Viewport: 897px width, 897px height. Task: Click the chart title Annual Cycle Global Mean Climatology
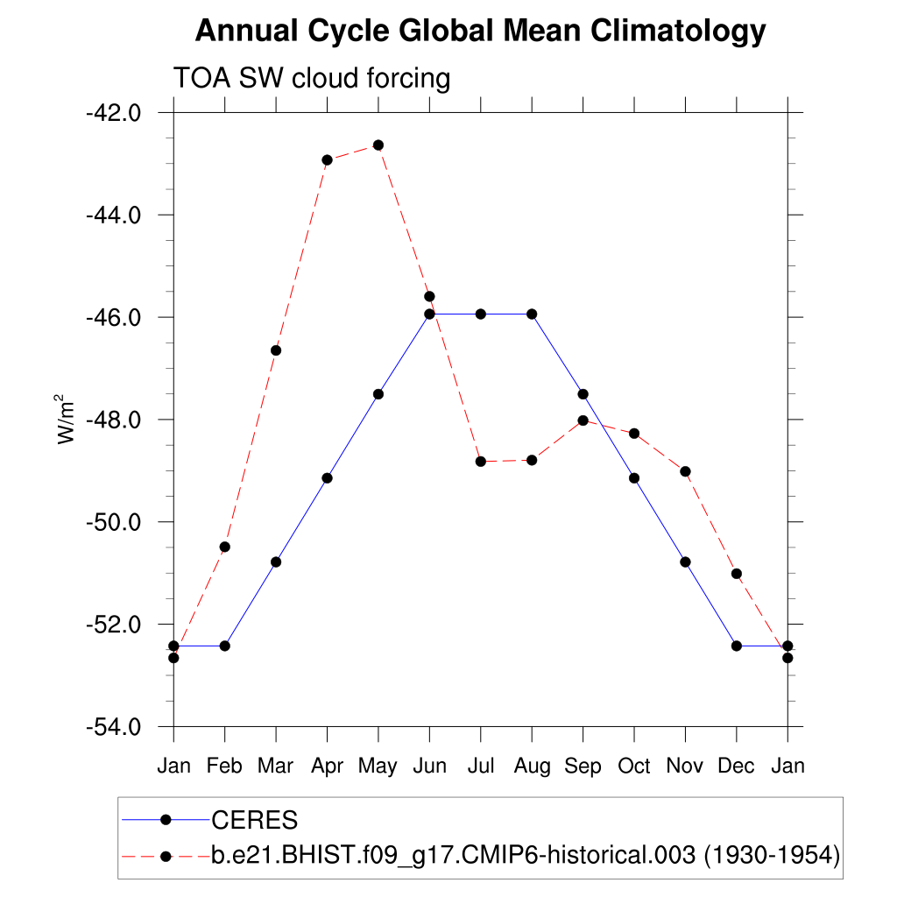pyautogui.click(x=480, y=32)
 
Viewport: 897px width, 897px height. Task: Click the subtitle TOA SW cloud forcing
pyautogui.click(x=312, y=79)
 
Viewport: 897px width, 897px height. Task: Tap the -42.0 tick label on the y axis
pyautogui.click(x=114, y=113)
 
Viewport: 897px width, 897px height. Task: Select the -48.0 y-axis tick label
pyautogui.click(x=114, y=420)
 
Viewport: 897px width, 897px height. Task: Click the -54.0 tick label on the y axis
pyautogui.click(x=114, y=727)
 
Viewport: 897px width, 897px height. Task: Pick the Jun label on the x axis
pyautogui.click(x=429, y=766)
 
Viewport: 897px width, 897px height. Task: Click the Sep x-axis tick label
pyautogui.click(x=583, y=766)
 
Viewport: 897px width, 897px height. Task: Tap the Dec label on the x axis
pyautogui.click(x=736, y=766)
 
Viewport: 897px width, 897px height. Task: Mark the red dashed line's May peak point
pyautogui.click(x=378, y=145)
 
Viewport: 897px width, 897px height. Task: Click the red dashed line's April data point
pyautogui.click(x=327, y=160)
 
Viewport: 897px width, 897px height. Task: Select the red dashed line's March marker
pyautogui.click(x=276, y=350)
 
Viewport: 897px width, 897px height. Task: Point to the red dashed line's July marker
pyautogui.click(x=480, y=462)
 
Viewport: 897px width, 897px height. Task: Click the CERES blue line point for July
pyautogui.click(x=480, y=314)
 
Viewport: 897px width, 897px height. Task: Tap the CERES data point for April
pyautogui.click(x=327, y=477)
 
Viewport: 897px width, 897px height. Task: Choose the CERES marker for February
pyautogui.click(x=225, y=646)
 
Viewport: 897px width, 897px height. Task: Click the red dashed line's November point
pyautogui.click(x=685, y=471)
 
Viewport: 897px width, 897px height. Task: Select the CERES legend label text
pyautogui.click(x=255, y=821)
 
